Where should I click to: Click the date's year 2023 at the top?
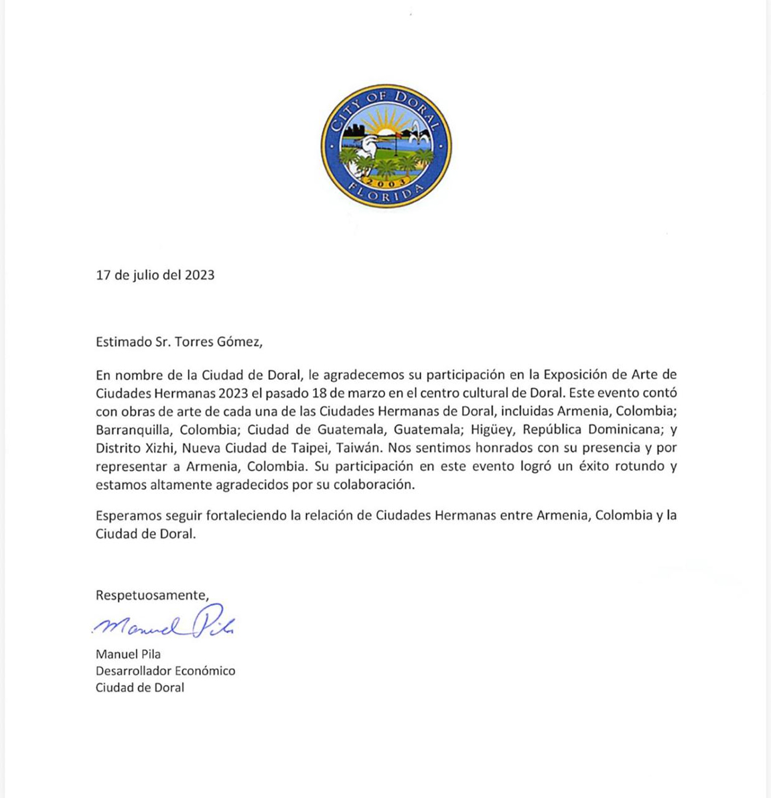tap(200, 275)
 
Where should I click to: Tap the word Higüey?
tap(492, 429)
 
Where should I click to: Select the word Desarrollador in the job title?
tap(135, 671)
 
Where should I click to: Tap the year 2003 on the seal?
tap(386, 182)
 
